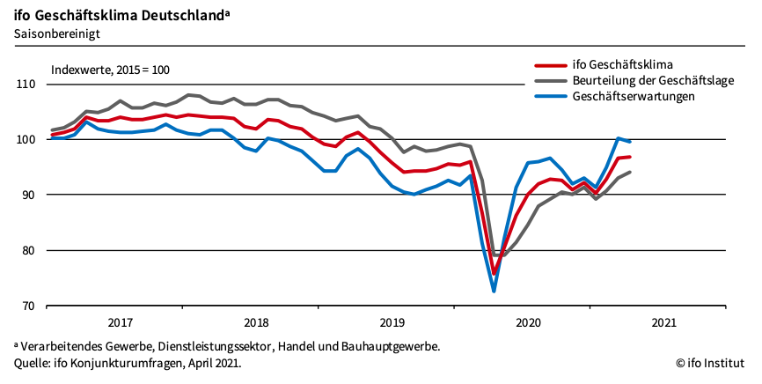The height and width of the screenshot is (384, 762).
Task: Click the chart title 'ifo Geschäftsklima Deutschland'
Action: pos(116,14)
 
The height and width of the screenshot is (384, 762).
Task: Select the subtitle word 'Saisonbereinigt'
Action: pos(56,33)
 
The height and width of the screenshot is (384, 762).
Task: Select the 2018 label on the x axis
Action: pos(255,322)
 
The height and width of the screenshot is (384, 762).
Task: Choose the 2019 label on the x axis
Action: pos(392,322)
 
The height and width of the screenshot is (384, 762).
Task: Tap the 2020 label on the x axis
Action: pos(528,322)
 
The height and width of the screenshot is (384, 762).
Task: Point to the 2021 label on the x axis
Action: pos(663,322)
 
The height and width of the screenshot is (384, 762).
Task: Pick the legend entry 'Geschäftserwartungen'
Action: pos(634,96)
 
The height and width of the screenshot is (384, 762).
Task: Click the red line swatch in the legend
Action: pos(551,64)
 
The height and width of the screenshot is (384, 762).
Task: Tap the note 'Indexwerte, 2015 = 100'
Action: pos(110,69)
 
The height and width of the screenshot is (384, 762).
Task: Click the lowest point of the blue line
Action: pos(494,291)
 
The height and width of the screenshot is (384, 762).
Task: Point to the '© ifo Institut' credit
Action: pos(711,362)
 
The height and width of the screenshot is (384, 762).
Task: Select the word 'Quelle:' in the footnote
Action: pos(33,362)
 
